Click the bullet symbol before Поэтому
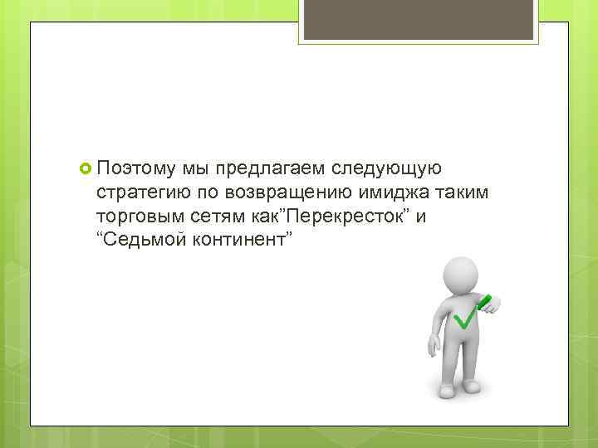tap(86, 169)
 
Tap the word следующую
tap(386, 169)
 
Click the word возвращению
tap(287, 193)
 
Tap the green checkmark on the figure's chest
tap(463, 316)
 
